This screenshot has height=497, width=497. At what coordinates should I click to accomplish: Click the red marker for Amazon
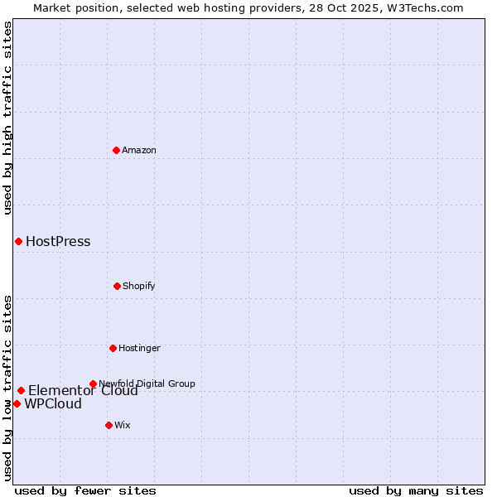click(116, 150)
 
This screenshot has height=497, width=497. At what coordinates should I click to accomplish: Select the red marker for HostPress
click(18, 241)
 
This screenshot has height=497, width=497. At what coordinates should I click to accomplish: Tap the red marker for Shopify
click(117, 286)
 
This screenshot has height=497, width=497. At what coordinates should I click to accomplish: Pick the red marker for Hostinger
click(113, 348)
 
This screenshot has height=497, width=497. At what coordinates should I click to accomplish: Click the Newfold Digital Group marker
click(93, 384)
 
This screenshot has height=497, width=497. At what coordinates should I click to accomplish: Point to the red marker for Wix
click(109, 425)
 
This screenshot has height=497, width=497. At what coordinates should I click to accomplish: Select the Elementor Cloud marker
click(21, 390)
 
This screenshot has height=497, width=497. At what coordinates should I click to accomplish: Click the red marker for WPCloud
click(17, 403)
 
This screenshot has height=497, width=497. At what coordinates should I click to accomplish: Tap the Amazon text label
click(139, 150)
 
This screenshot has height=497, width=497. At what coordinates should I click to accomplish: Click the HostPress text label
click(58, 242)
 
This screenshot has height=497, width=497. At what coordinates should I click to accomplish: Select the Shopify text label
click(139, 286)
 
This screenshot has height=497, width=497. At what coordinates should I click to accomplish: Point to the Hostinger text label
click(139, 348)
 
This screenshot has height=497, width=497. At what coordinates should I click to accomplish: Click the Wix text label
click(123, 425)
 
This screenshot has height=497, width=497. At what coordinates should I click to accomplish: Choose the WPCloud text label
click(53, 404)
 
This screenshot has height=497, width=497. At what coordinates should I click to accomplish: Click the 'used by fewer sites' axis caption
click(85, 490)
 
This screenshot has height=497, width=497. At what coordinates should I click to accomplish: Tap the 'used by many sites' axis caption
click(416, 490)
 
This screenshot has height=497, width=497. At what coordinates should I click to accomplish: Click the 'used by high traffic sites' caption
click(7, 118)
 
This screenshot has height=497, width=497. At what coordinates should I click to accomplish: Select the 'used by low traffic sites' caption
click(7, 388)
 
